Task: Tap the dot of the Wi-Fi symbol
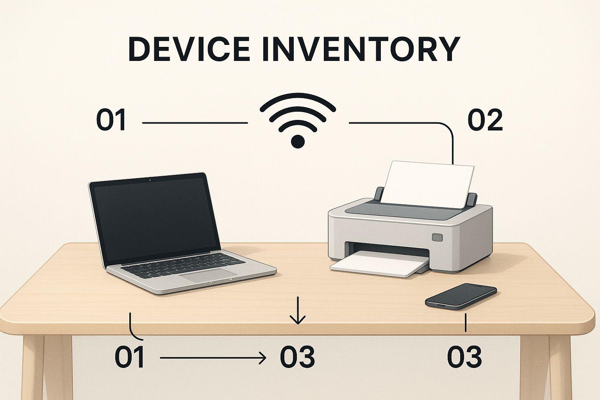point(298,141)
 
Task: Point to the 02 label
point(485,120)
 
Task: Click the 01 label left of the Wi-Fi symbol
point(111,120)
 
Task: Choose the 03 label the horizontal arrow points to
point(297,357)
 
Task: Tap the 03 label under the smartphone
point(464,357)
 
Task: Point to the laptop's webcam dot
point(150,180)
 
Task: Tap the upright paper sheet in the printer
point(429,183)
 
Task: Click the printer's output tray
point(379,266)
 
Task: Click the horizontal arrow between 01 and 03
point(213,357)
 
